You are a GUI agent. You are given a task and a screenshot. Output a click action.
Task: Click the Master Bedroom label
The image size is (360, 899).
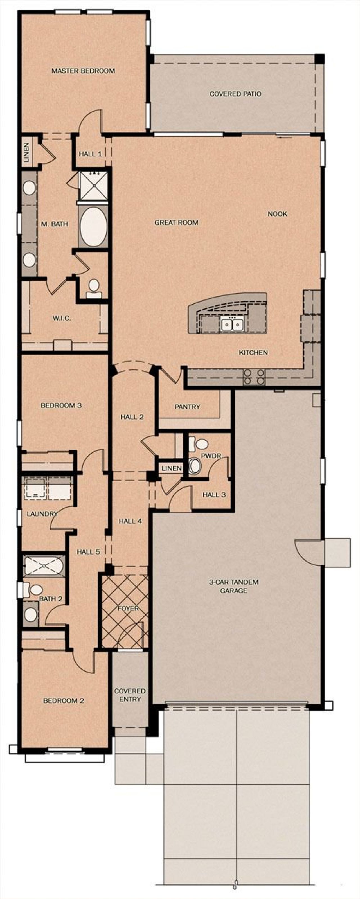[83, 71]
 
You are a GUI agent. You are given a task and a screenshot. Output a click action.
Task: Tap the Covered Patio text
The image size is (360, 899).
[235, 94]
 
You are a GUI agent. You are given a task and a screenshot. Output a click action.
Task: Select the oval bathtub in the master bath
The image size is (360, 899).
[93, 227]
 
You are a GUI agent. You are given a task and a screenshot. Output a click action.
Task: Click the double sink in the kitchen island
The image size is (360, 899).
[232, 325]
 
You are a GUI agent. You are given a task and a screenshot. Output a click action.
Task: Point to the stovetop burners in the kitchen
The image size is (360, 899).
[254, 377]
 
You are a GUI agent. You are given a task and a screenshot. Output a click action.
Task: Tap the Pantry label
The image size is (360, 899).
[187, 407]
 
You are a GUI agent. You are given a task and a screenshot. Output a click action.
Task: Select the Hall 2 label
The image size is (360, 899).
[132, 417]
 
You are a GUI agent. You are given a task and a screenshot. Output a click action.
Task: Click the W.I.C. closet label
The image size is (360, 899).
[62, 318]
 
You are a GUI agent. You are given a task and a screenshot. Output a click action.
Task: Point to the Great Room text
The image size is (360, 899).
[176, 222]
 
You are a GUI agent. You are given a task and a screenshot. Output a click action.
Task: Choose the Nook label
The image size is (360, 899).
[277, 214]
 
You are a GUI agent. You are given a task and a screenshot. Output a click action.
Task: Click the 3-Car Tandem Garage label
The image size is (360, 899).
[234, 586]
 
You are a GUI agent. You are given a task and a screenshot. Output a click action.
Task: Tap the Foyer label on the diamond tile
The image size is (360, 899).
[128, 608]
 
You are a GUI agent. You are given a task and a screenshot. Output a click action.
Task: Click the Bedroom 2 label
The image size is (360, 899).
[64, 700]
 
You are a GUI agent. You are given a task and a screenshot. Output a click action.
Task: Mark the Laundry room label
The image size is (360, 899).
[42, 514]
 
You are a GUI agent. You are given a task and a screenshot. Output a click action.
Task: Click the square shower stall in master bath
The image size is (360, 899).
[93, 185]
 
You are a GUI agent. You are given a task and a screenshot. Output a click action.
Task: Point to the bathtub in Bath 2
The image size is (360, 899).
[44, 565]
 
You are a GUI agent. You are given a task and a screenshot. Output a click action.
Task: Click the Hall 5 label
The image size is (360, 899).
[88, 552]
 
